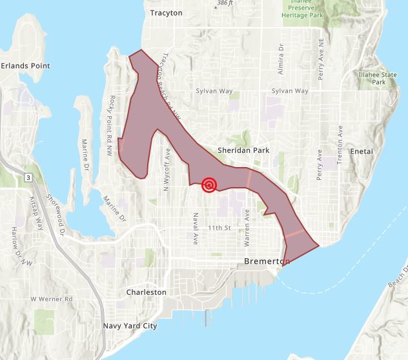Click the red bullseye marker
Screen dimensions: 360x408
click(209, 185)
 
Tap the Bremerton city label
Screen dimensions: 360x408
click(268, 261)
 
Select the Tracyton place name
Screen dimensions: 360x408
click(166, 13)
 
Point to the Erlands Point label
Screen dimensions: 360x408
click(26, 66)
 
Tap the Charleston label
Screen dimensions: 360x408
click(147, 292)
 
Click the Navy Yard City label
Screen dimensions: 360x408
click(130, 326)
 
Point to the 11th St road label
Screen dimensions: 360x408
click(219, 228)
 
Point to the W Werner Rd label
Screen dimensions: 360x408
click(52, 300)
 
